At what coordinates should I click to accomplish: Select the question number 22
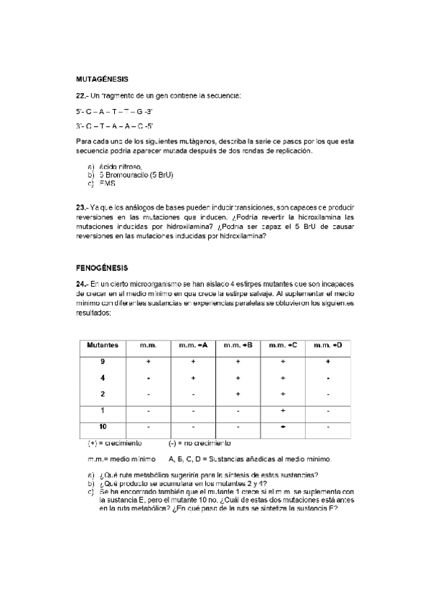click(82, 95)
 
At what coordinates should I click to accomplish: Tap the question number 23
click(82, 207)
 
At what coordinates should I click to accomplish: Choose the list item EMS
click(108, 184)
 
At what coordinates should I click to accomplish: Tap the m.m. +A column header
click(192, 345)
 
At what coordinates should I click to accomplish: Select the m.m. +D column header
click(327, 345)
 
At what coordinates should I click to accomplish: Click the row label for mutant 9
click(103, 361)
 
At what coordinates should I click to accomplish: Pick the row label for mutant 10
click(103, 427)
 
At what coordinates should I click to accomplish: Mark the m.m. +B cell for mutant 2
click(238, 394)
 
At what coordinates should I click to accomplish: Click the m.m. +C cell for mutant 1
click(283, 410)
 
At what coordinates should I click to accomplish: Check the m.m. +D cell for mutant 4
click(327, 377)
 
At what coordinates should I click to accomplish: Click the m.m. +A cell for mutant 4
click(192, 377)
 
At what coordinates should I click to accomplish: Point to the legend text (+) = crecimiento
click(115, 443)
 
